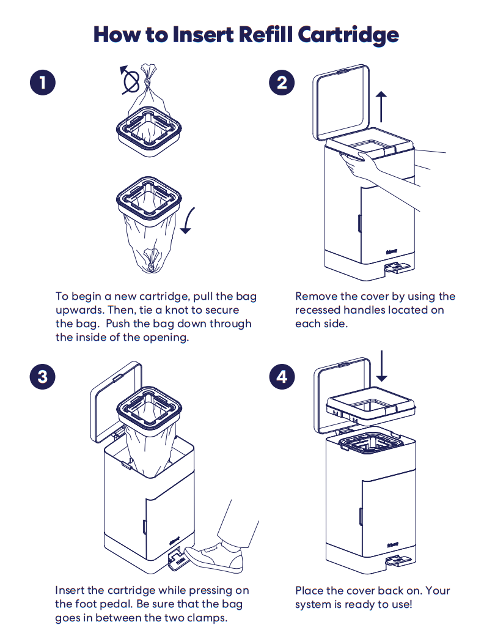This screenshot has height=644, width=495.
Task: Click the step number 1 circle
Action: pyautogui.click(x=42, y=83)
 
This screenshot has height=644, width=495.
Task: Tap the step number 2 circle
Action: pyautogui.click(x=282, y=83)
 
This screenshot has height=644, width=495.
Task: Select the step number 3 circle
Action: pyautogui.click(x=42, y=376)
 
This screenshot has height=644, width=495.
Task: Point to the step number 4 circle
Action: pyautogui.click(x=282, y=376)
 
